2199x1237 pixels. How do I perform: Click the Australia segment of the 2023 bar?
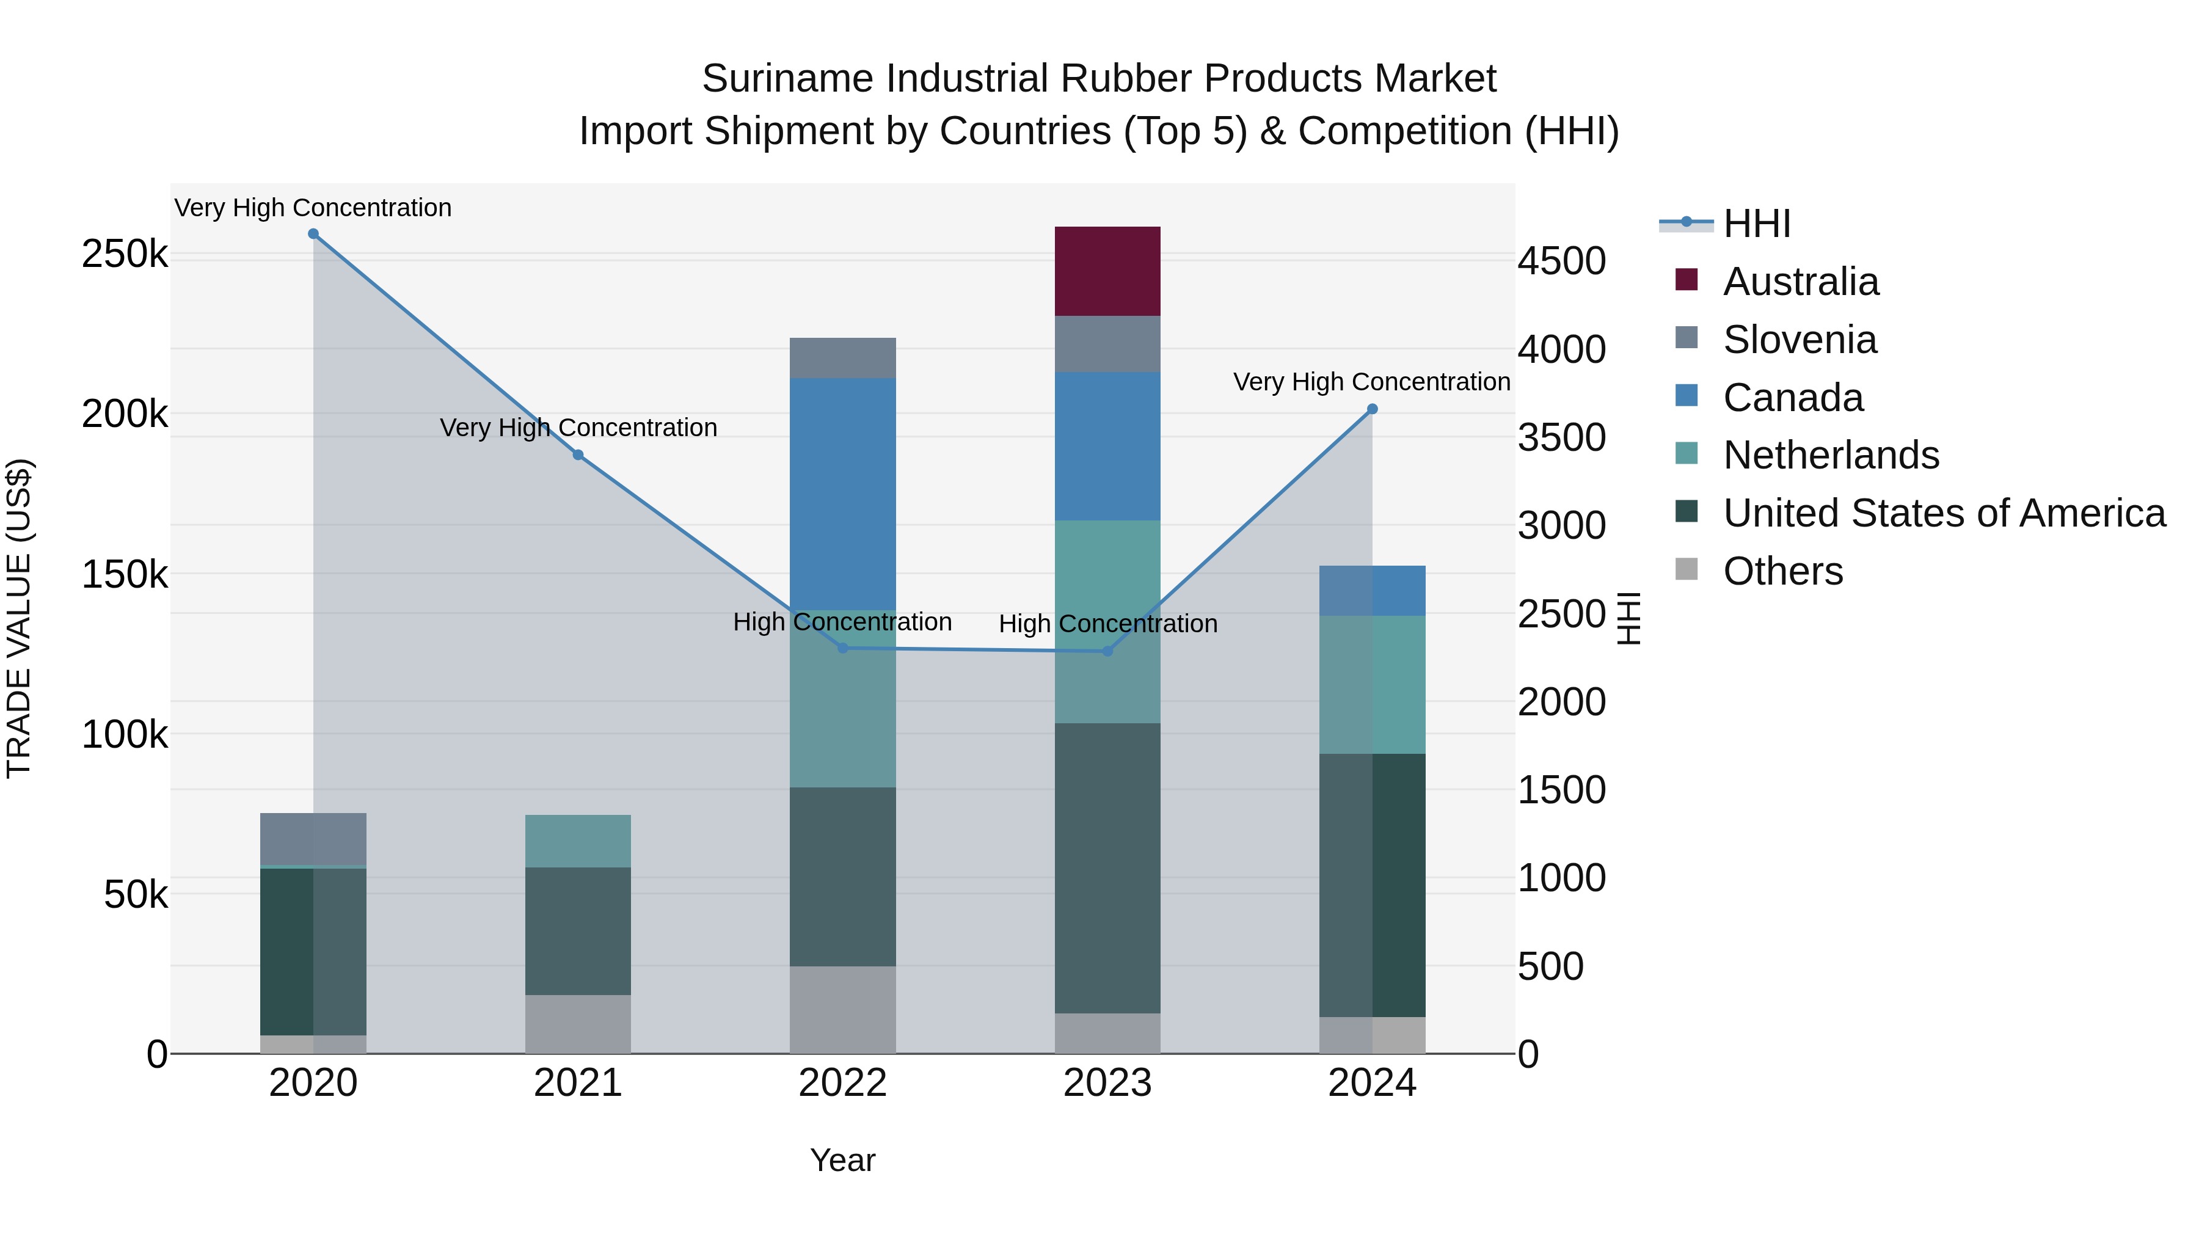click(x=1107, y=271)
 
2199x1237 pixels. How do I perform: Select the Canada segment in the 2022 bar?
click(x=842, y=494)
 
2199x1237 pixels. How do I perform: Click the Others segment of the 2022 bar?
click(x=842, y=1009)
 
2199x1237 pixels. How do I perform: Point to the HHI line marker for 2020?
click(x=313, y=234)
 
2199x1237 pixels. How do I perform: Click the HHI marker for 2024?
click(x=1372, y=409)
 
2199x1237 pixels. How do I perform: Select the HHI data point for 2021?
click(x=578, y=455)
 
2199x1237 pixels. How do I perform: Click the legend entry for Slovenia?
click(x=1800, y=340)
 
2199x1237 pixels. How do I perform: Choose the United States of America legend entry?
click(x=1944, y=513)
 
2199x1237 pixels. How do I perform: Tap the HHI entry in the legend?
click(x=1756, y=224)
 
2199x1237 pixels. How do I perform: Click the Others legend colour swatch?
click(x=1686, y=569)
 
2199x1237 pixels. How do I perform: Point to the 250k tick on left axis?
click(x=125, y=254)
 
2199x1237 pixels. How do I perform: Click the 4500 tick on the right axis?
click(x=1561, y=261)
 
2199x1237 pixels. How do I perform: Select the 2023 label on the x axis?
click(x=1107, y=1083)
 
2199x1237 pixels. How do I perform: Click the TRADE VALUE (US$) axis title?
click(x=19, y=618)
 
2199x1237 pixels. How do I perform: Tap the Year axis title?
click(x=842, y=1160)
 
